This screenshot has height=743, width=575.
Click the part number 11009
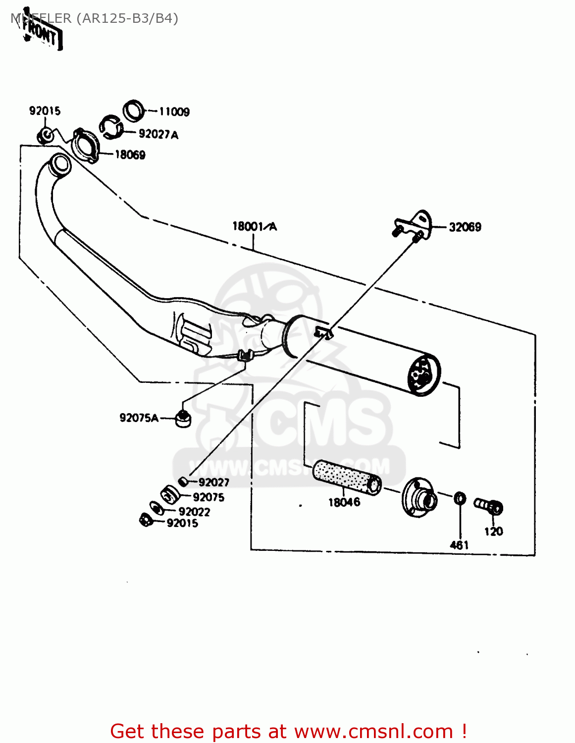point(174,111)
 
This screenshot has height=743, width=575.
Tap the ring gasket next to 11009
point(133,111)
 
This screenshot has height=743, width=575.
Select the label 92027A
point(158,134)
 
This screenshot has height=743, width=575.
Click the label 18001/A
point(255,227)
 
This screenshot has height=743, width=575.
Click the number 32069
point(465,227)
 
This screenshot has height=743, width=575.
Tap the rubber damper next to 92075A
point(183,418)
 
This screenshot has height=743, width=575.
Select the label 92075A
point(139,418)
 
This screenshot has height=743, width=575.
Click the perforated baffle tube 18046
point(347,477)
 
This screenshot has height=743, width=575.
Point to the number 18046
point(344,502)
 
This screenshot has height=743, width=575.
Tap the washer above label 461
point(460,498)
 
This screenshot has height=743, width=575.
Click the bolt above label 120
point(489,506)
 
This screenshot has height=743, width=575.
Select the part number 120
point(493,531)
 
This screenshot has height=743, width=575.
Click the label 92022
point(194,512)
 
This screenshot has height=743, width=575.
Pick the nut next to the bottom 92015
point(145,520)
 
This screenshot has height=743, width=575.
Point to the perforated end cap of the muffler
point(422,375)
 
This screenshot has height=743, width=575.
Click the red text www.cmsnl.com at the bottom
point(373,731)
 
